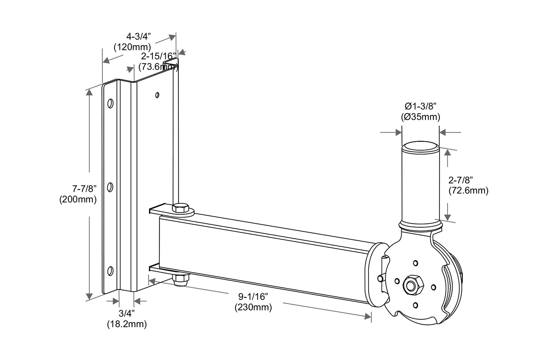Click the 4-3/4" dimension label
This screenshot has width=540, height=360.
[x=138, y=37]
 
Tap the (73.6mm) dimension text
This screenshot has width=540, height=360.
[x=158, y=67]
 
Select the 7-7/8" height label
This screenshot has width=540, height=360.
[x=84, y=188]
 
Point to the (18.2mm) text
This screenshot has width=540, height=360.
[x=127, y=324]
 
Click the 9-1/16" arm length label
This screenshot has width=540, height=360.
[x=253, y=296]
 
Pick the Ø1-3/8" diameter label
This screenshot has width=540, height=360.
[x=420, y=106]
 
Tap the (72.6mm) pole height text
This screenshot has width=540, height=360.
[x=468, y=191]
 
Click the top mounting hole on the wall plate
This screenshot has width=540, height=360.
[x=110, y=103]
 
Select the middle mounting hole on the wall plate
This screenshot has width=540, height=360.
[x=110, y=187]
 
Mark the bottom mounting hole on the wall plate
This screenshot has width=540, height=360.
[x=111, y=271]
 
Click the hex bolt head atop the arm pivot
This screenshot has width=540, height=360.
[x=180, y=208]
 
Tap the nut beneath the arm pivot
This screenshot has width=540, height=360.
[x=181, y=280]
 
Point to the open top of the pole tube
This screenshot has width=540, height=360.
[x=420, y=147]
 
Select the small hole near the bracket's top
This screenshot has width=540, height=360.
[x=157, y=95]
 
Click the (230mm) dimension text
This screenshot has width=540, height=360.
[x=253, y=307]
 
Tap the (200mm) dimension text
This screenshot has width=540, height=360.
[x=78, y=199]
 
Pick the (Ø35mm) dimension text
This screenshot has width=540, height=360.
[x=420, y=117]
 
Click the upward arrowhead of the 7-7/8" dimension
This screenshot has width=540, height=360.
[x=89, y=92]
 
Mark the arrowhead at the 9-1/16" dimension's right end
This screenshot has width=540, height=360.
[x=368, y=317]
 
